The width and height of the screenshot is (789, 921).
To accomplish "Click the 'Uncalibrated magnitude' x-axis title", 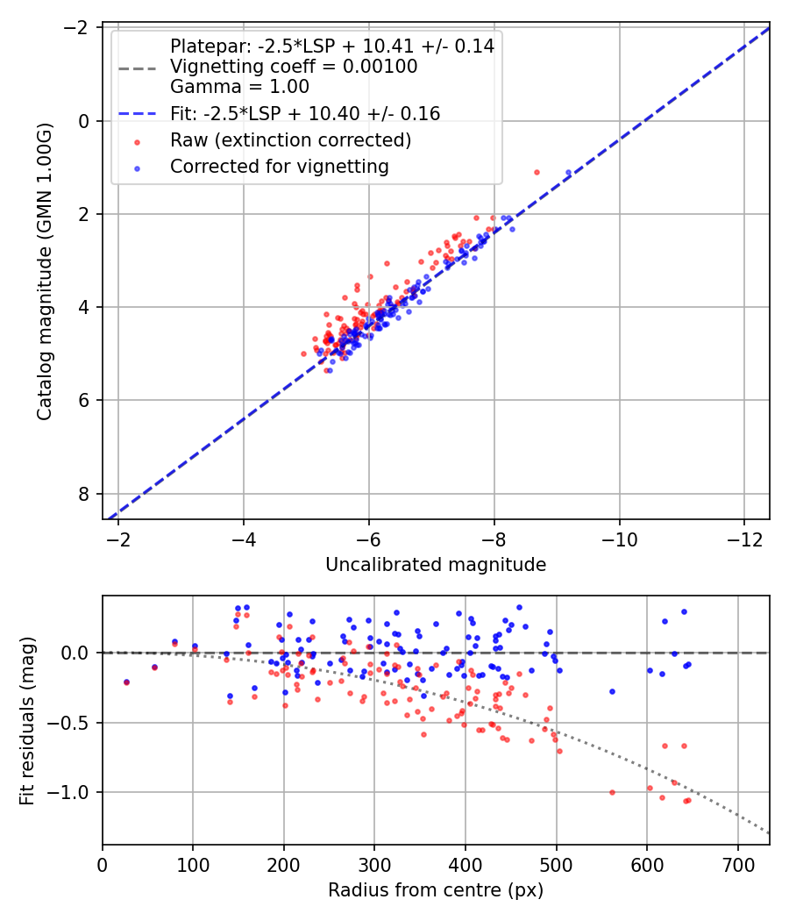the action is pyautogui.click(x=436, y=565).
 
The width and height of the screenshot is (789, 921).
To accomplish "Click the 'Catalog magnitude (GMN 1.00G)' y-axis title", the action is pyautogui.click(x=45, y=271).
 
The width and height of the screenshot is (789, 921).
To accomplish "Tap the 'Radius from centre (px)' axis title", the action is pyautogui.click(x=436, y=890).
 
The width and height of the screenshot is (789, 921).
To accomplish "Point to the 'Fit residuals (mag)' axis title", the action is pyautogui.click(x=27, y=721).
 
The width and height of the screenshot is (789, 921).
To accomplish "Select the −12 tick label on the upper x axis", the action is pyautogui.click(x=744, y=539).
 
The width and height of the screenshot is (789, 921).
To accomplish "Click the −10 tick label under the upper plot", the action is pyautogui.click(x=619, y=539).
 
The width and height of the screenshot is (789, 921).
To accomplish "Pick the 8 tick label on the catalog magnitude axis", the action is pyautogui.click(x=82, y=494).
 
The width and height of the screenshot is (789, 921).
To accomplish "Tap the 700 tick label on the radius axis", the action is pyautogui.click(x=737, y=865).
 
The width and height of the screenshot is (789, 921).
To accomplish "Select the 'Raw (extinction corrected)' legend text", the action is pyautogui.click(x=290, y=140).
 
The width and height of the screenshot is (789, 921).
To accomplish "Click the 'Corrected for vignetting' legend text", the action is pyautogui.click(x=280, y=167).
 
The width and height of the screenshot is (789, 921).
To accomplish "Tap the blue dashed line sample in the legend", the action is pyautogui.click(x=138, y=113).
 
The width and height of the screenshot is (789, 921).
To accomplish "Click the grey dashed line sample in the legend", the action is pyautogui.click(x=138, y=68).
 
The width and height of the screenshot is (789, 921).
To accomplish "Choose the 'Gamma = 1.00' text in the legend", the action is pyautogui.click(x=239, y=87).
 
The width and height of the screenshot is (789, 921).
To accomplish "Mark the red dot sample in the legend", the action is pyautogui.click(x=138, y=141).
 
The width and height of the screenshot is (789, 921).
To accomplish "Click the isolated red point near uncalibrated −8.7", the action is pyautogui.click(x=537, y=172).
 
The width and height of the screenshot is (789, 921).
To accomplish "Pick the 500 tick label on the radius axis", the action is pyautogui.click(x=556, y=865).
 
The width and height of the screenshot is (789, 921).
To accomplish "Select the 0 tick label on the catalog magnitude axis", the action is pyautogui.click(x=82, y=122).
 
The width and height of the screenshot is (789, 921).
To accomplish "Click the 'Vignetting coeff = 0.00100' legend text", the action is pyautogui.click(x=294, y=67).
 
